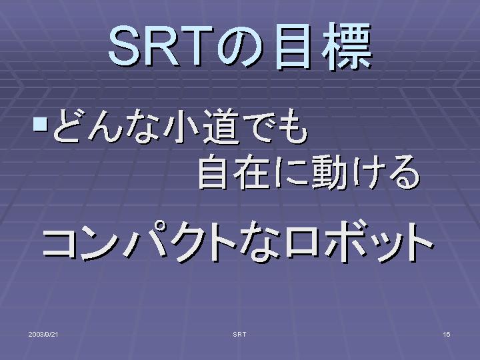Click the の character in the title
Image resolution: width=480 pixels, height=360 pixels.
pyautogui.click(x=240, y=47)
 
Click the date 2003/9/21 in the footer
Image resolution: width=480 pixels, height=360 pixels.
pyautogui.click(x=43, y=334)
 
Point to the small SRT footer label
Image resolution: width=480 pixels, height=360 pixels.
pyautogui.click(x=239, y=334)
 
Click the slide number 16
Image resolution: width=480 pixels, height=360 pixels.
pyautogui.click(x=447, y=334)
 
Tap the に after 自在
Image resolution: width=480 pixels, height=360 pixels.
pyautogui.click(x=290, y=172)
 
